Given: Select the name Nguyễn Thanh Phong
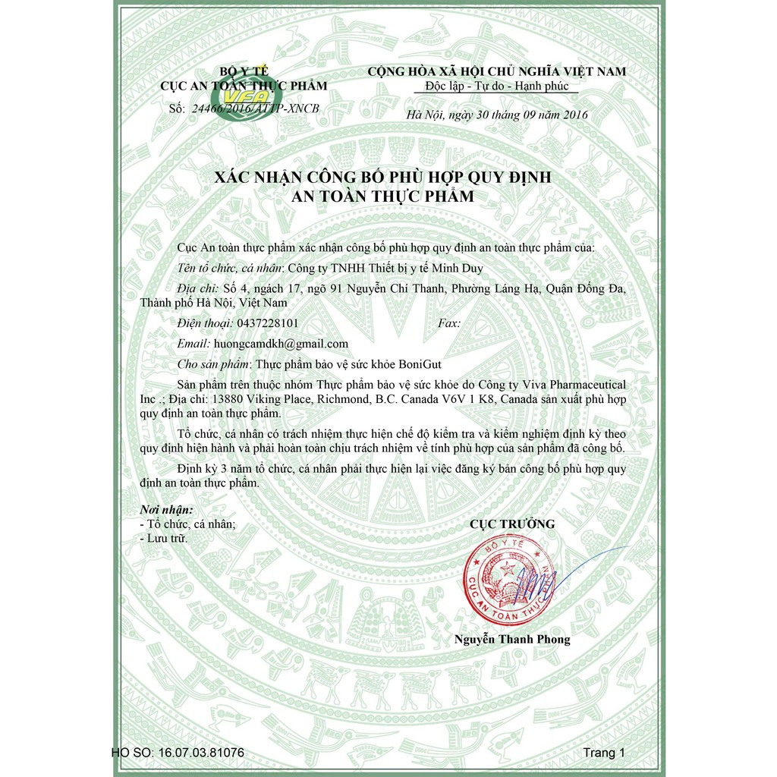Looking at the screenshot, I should tap(512, 639).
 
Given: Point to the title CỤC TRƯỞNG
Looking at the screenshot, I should tap(512, 524).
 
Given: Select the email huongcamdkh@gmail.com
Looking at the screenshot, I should tap(282, 344).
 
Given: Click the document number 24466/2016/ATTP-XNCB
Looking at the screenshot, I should tap(256, 109).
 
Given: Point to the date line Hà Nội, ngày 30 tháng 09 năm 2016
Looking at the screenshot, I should tap(497, 115).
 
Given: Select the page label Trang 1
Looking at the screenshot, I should tap(604, 753).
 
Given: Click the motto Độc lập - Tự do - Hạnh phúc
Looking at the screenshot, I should tap(497, 86).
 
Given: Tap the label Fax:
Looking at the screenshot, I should tap(449, 323).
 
